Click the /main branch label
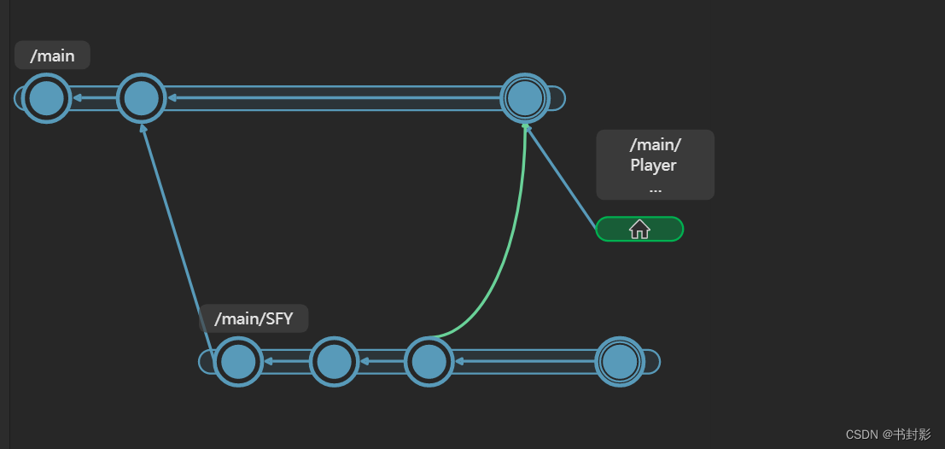(52, 56)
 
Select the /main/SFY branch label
(254, 319)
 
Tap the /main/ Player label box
(655, 165)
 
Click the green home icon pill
(639, 229)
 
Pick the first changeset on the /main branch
(46, 98)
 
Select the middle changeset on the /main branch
(140, 98)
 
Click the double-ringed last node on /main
(524, 98)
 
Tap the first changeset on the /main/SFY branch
(237, 362)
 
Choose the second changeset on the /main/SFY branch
(333, 362)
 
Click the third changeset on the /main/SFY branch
(428, 362)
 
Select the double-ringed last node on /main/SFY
(619, 362)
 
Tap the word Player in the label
(654, 165)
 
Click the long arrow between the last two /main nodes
(333, 98)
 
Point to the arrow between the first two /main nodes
(93, 98)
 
